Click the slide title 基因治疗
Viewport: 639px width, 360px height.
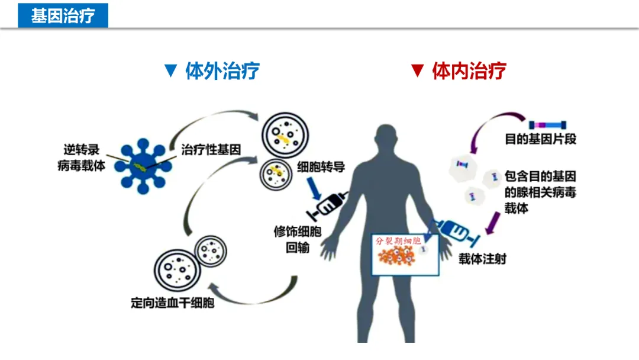coord(63,15)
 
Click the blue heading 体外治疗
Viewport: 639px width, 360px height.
coord(222,71)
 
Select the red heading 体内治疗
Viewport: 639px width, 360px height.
coord(469,71)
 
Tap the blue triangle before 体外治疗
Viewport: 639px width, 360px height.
coord(171,71)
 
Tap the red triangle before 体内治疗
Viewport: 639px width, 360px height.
coord(418,71)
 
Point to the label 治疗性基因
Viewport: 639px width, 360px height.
coord(211,150)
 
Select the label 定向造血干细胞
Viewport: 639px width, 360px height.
coord(172,304)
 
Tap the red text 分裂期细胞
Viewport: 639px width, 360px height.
coord(398,241)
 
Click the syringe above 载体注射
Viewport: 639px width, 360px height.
coord(456,231)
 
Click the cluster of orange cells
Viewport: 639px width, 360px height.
coord(398,257)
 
